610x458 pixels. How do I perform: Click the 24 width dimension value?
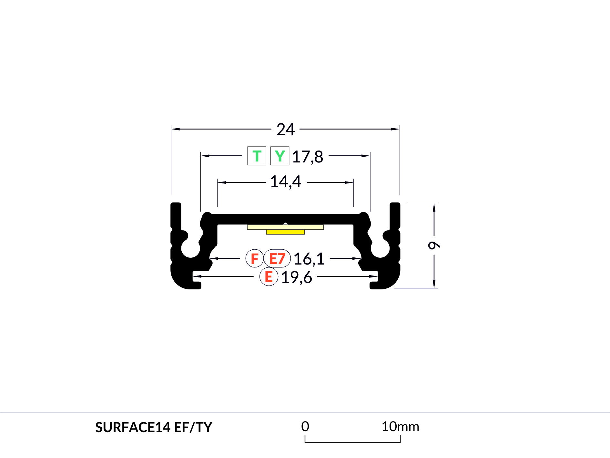286,130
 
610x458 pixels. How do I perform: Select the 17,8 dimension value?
307,157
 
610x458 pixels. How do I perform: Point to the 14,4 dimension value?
286,182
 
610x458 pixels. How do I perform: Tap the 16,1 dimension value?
309,259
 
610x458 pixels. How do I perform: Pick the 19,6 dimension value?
297,277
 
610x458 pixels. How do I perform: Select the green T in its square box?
257,156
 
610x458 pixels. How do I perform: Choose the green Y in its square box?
280,156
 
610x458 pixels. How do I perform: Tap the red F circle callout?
255,258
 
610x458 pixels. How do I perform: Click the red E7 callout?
277,258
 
